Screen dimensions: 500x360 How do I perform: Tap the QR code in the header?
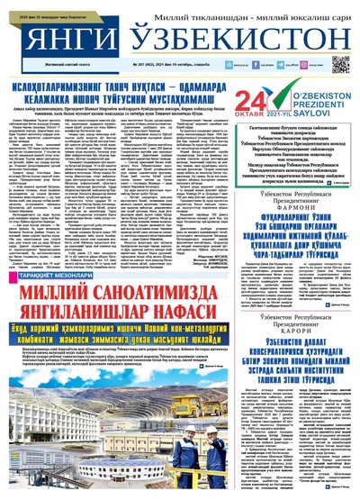(x=340, y=64)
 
